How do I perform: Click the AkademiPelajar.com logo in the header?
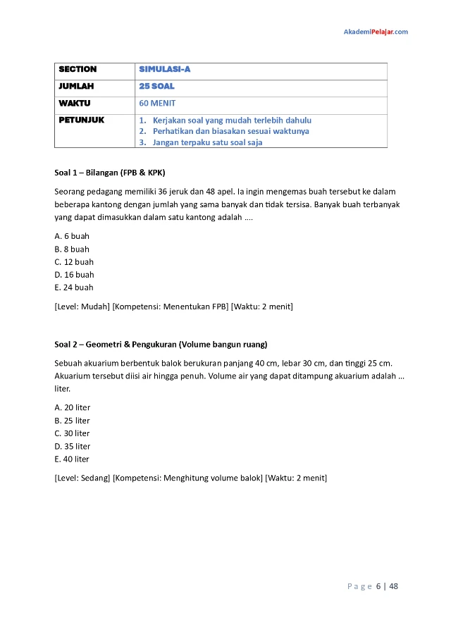375,32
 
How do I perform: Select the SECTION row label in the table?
78,69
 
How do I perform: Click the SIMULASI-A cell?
165,69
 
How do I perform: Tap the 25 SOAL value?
157,86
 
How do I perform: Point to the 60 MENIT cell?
157,103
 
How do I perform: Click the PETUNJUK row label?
81,120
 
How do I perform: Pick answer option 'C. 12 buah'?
74,262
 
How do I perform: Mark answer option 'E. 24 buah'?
74,287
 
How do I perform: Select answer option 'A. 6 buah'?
72,236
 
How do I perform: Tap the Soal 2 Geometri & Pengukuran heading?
161,345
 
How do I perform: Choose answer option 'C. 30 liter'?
73,433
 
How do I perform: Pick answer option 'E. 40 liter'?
73,459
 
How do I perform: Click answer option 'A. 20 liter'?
73,407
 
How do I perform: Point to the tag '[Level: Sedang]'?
82,478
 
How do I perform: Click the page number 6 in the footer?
378,586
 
